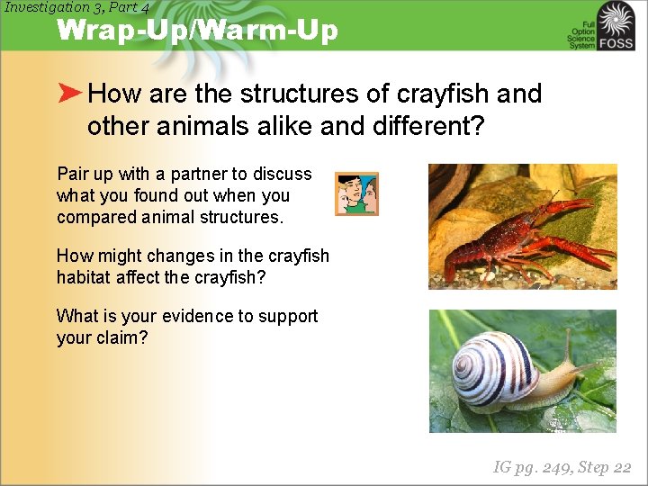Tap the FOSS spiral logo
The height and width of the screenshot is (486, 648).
(x=616, y=24)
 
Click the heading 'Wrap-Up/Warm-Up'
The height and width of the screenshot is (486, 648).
(x=197, y=31)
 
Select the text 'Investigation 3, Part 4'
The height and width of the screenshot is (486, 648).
(x=76, y=7)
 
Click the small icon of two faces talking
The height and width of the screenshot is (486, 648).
(x=356, y=193)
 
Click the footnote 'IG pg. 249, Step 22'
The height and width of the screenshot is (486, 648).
(x=562, y=467)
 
